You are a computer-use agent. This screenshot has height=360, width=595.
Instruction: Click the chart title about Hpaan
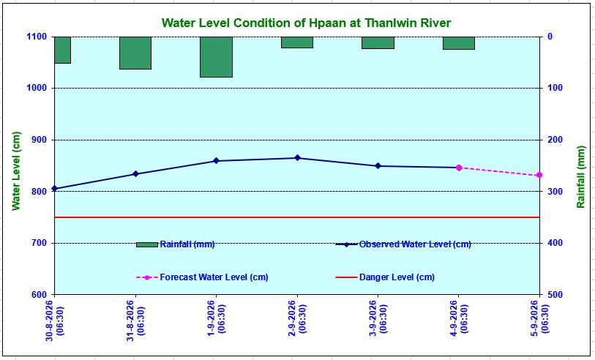[x=306, y=23]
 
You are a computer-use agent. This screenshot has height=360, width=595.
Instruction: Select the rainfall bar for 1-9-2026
[x=217, y=57]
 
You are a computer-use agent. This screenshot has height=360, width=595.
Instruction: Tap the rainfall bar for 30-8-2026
[x=63, y=50]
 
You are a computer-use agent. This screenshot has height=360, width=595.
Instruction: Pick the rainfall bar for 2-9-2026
[x=297, y=42]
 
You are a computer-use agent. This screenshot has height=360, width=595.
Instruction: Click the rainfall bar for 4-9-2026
[x=459, y=43]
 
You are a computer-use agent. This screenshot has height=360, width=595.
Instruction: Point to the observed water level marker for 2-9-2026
[x=297, y=158]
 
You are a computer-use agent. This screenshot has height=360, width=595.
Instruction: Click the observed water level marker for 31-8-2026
[x=135, y=174]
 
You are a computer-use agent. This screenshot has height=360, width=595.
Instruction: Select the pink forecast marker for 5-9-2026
[x=539, y=176]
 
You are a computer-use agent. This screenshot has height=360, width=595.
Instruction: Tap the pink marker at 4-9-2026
[x=459, y=168]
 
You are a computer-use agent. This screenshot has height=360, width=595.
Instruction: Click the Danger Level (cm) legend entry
[x=385, y=277]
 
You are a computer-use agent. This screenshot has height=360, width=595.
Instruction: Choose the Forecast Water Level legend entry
[x=202, y=277]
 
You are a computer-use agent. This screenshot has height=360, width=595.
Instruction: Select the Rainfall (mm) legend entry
[x=176, y=244]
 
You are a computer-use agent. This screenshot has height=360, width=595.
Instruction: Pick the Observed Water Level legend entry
[x=403, y=244]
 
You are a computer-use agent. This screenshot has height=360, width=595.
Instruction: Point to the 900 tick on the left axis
[x=39, y=140]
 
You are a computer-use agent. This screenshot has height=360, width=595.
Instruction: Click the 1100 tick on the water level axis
[x=37, y=37]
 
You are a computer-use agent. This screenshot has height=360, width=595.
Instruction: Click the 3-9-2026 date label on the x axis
[x=378, y=318]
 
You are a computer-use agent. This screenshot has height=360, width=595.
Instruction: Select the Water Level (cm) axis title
[x=16, y=170]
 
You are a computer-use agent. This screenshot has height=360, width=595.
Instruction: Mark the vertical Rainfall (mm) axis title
[x=581, y=176]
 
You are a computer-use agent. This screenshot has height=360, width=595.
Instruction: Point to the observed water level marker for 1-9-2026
[x=217, y=161]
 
